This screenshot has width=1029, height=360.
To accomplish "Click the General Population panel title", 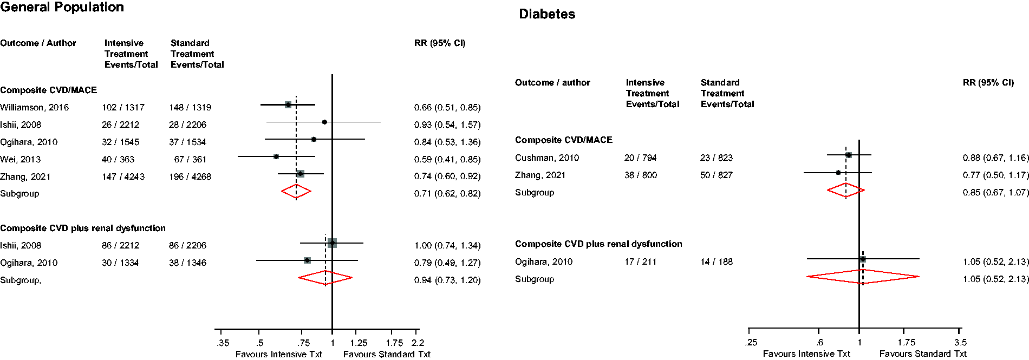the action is (62, 7).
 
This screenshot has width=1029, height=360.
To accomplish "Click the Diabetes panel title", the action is (547, 14).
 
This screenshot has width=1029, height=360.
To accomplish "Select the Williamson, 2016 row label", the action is (35, 107).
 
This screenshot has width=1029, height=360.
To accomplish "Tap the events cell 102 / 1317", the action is (123, 107).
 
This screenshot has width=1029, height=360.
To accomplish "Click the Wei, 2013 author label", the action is (20, 159).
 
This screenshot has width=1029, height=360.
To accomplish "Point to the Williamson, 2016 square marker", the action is (288, 104).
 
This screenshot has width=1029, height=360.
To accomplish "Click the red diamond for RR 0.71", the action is (296, 191).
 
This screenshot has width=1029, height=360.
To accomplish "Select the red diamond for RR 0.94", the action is (325, 278).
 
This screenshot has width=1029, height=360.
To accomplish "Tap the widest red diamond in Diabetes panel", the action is (863, 277).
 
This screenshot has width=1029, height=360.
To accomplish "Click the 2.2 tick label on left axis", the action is (418, 343).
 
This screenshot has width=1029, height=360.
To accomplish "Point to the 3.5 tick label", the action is (960, 342).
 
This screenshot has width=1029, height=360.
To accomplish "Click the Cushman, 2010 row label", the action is (547, 158).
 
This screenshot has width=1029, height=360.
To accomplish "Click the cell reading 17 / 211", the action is (640, 261).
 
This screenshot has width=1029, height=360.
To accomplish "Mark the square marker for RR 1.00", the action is (332, 243).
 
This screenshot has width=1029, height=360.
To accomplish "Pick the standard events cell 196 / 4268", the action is (190, 176).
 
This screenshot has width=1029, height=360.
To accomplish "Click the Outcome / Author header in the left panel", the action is (38, 43).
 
